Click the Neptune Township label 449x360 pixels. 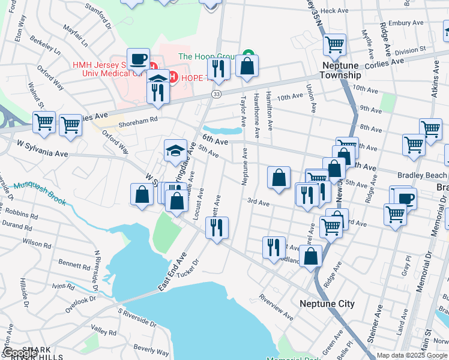click(x=340, y=70)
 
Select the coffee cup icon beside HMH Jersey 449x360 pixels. click(x=138, y=59)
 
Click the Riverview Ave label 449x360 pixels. click(x=276, y=306)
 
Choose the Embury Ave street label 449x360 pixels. click(x=406, y=23)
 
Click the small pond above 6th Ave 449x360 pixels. click(x=223, y=130)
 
